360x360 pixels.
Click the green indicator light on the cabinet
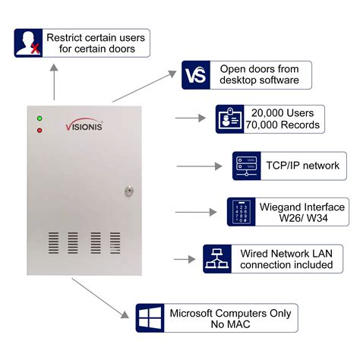pos(39,119)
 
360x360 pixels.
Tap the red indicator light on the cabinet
pos(39,131)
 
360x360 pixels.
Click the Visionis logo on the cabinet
pos(90,124)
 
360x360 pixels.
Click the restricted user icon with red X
pos(28,44)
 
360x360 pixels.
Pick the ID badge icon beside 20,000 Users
pos(229,118)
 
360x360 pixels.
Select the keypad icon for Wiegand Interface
pos(241,211)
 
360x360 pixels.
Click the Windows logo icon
pos(150,317)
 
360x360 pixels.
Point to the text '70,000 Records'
pos(283,125)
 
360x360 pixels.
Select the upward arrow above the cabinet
pos(54,80)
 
